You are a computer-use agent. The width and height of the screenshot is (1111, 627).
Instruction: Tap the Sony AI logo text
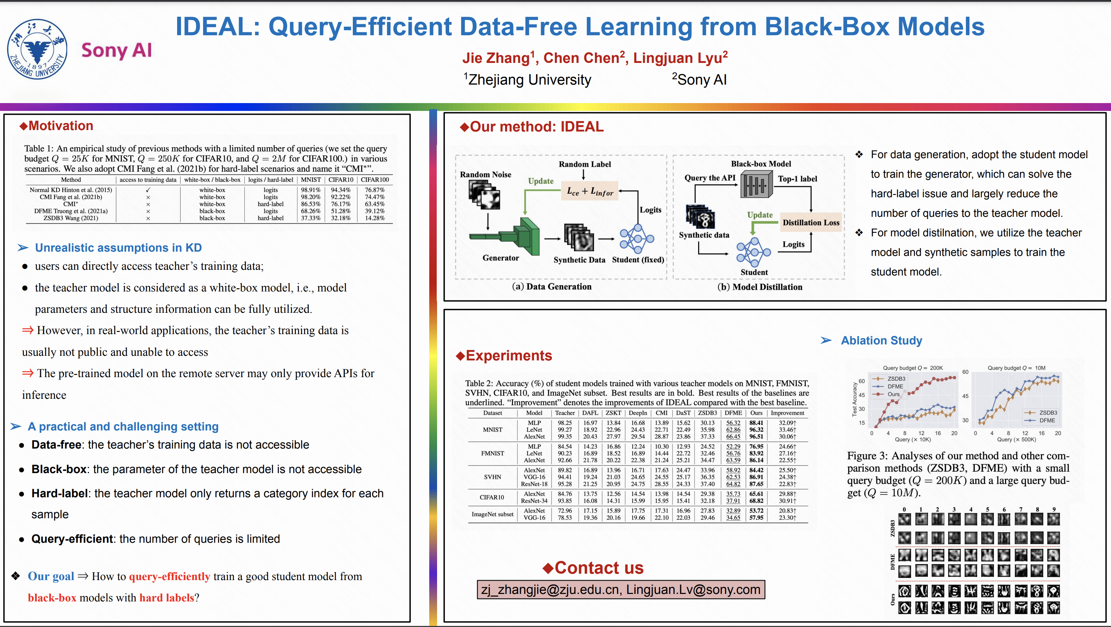pos(116,50)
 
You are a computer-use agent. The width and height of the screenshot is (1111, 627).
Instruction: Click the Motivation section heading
pos(60,126)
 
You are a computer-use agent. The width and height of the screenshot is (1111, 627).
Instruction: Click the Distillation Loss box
pos(811,223)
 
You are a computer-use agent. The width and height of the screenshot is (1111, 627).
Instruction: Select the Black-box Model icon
pos(756,184)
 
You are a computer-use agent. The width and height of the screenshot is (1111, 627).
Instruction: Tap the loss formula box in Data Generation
pos(590,191)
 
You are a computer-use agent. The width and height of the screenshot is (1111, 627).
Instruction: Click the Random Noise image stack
pos(484,195)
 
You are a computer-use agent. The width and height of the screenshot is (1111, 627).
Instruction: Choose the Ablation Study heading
pos(881,341)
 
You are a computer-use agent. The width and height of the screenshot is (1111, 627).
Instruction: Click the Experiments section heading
pos(509,355)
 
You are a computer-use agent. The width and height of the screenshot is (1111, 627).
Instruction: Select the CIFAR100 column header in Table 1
pos(374,180)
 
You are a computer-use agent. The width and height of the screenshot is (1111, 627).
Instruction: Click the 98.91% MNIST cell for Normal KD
pos(310,189)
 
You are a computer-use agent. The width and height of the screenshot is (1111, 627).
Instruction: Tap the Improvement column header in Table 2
pos(787,413)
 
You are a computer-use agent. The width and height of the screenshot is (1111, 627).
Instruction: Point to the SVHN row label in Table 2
pos(492,477)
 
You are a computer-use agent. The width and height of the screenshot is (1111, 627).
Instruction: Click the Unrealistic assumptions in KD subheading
pos(118,248)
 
